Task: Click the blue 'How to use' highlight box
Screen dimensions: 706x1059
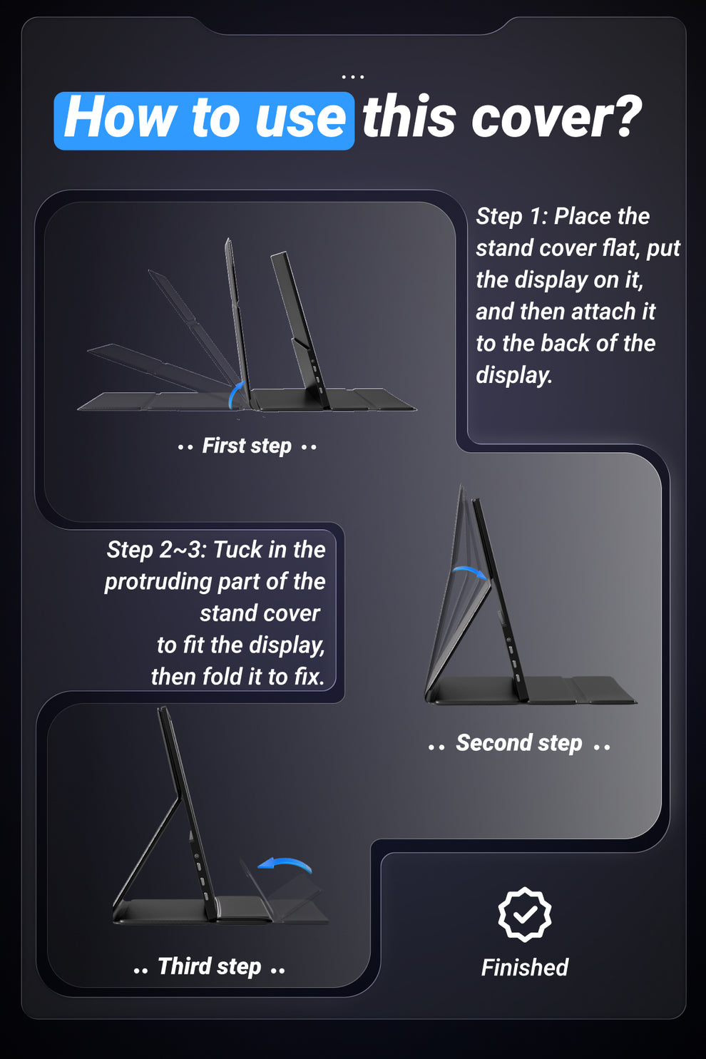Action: click(204, 121)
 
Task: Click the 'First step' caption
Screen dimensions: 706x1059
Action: click(247, 446)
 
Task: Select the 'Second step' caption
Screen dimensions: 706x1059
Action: click(518, 742)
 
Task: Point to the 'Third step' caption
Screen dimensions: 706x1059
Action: click(210, 966)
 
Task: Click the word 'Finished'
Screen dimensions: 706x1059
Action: click(525, 967)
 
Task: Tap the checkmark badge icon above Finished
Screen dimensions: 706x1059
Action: click(524, 914)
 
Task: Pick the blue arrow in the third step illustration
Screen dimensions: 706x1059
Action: click(286, 863)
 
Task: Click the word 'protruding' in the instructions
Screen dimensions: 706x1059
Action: click(158, 582)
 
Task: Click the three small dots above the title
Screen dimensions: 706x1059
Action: click(353, 76)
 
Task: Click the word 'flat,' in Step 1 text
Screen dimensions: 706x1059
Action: click(621, 248)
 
